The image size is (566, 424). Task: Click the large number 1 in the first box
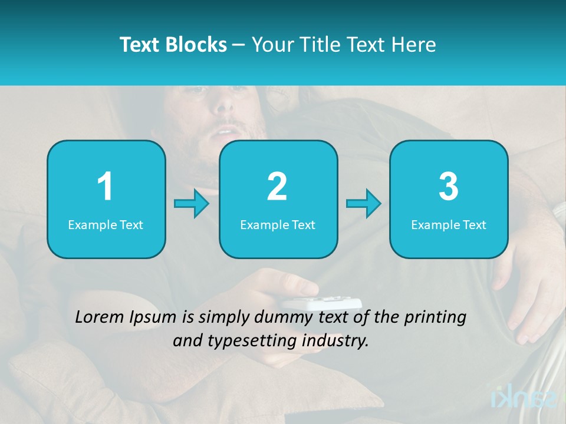click(106, 187)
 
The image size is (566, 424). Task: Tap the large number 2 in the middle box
click(277, 187)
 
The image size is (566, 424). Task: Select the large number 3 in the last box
click(449, 187)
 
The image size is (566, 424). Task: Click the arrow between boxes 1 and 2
click(192, 204)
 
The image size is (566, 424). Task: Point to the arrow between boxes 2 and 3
click(364, 204)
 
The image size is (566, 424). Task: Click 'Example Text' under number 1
click(106, 224)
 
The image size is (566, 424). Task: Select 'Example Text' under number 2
click(278, 224)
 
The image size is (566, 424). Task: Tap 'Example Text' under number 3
click(449, 224)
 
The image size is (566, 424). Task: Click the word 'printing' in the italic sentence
click(435, 318)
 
